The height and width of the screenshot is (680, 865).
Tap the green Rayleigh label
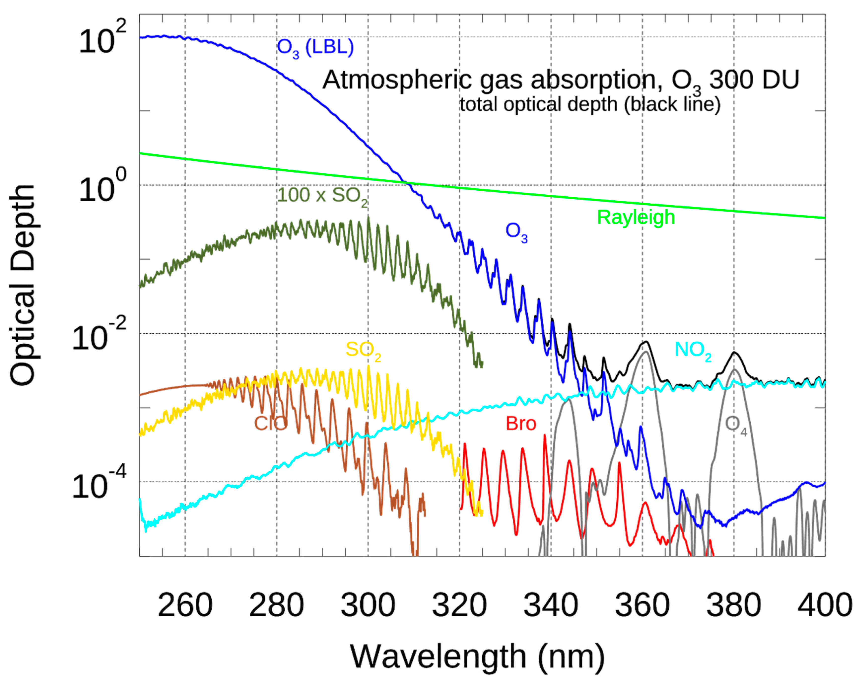636,217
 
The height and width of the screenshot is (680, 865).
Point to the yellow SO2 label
363,350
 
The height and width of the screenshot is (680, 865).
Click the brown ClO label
270,423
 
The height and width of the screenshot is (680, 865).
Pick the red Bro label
521,423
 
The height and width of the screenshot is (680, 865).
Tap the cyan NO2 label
693,350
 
